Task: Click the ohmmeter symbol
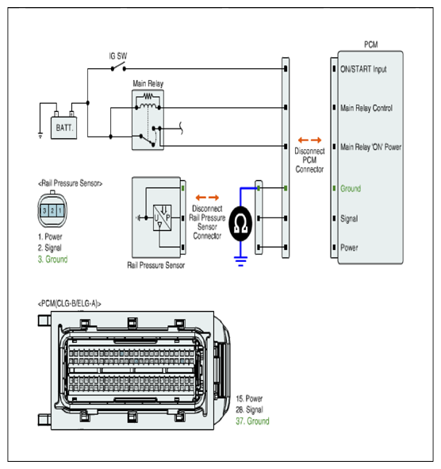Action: click(240, 224)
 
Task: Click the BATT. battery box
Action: click(64, 128)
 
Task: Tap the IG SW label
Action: click(118, 56)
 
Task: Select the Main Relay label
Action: click(148, 83)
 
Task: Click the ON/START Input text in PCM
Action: click(363, 69)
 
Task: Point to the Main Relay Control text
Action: click(366, 108)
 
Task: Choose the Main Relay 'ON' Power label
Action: click(370, 147)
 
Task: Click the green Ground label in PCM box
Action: click(351, 188)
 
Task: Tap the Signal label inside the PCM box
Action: click(349, 219)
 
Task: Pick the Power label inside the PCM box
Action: click(349, 248)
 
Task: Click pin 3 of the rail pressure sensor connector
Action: click(44, 210)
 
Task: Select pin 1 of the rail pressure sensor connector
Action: click(60, 210)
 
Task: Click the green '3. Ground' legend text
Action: click(52, 259)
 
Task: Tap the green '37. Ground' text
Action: click(253, 421)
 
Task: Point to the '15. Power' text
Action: click(249, 398)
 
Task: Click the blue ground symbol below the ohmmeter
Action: click(240, 261)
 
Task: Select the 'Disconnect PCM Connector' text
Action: click(309, 160)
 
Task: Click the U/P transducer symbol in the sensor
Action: click(162, 217)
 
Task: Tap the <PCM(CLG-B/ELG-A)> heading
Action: click(69, 304)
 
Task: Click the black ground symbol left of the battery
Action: click(40, 135)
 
